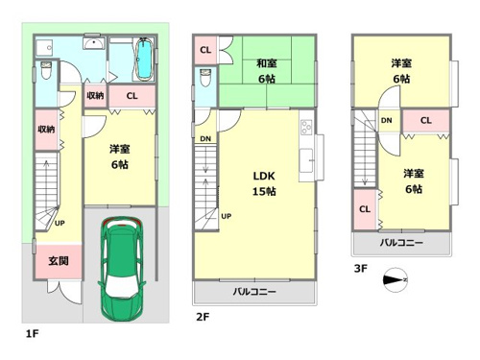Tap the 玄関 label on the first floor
(x=59, y=261)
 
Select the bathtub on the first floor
(x=144, y=59)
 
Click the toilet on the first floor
(x=46, y=70)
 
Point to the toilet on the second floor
(x=205, y=78)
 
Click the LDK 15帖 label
(x=264, y=183)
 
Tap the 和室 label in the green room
(x=267, y=63)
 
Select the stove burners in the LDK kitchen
(x=306, y=127)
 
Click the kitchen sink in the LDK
(x=306, y=160)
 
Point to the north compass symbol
(x=396, y=280)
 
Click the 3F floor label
(x=361, y=268)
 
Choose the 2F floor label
(x=203, y=317)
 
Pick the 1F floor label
(x=33, y=334)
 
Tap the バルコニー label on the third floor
(x=401, y=243)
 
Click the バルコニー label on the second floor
(x=254, y=292)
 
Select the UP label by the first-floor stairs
(x=60, y=223)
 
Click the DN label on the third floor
(x=387, y=120)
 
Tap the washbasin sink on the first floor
(x=94, y=42)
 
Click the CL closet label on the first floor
(x=132, y=96)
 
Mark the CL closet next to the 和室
(x=205, y=50)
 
